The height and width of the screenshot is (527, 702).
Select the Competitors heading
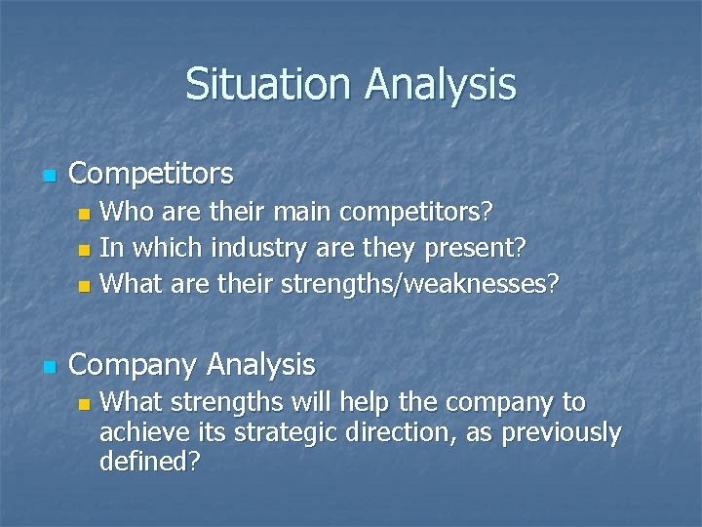pyautogui.click(x=151, y=174)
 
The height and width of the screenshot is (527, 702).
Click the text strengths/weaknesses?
pyautogui.click(x=420, y=285)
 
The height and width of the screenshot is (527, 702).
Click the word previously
pyautogui.click(x=562, y=432)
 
